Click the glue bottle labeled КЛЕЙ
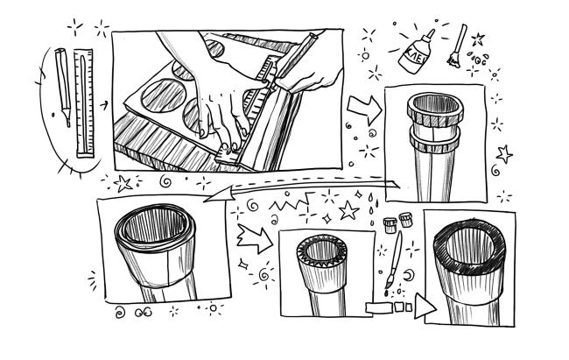(x=417, y=53)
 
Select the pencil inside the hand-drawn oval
(x=63, y=87)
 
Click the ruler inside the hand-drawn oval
(x=85, y=103)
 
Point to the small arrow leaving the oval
(x=104, y=106)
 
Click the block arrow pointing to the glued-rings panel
(x=364, y=109)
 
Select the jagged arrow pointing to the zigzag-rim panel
(x=255, y=238)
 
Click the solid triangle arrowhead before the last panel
(x=425, y=307)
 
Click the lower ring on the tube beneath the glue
(x=435, y=144)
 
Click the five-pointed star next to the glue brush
(x=478, y=39)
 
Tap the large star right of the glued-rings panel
(x=504, y=154)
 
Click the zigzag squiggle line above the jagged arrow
(x=292, y=202)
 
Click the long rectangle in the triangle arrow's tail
(x=379, y=307)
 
